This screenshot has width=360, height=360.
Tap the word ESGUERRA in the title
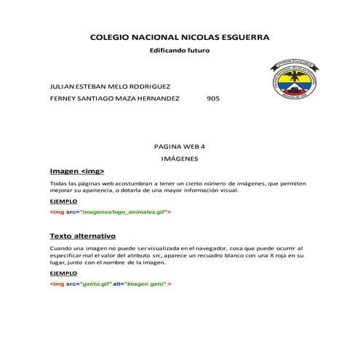pyautogui.click(x=242, y=36)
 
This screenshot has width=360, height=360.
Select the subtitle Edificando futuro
pyautogui.click(x=179, y=52)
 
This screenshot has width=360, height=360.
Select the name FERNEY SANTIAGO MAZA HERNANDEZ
pyautogui.click(x=115, y=99)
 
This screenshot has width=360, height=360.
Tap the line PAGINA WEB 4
pyautogui.click(x=180, y=145)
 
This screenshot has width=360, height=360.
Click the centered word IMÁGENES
pyautogui.click(x=180, y=158)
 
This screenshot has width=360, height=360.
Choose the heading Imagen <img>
pyautogui.click(x=77, y=172)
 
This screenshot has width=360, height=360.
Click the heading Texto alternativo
pyautogui.click(x=82, y=237)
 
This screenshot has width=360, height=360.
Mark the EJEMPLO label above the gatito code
pyautogui.click(x=63, y=273)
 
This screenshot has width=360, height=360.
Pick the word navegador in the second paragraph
pyautogui.click(x=197, y=249)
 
